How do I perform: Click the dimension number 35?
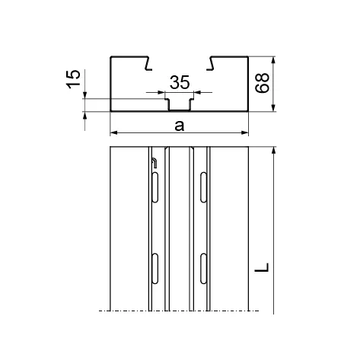point(180,82)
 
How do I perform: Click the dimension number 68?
point(262,83)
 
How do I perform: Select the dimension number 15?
point(74,79)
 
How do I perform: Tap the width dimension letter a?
point(180,126)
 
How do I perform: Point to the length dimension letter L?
point(262,267)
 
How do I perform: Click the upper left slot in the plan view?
point(155,187)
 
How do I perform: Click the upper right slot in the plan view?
point(203,187)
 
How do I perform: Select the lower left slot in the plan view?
point(155,268)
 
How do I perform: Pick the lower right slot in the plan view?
point(203,268)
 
